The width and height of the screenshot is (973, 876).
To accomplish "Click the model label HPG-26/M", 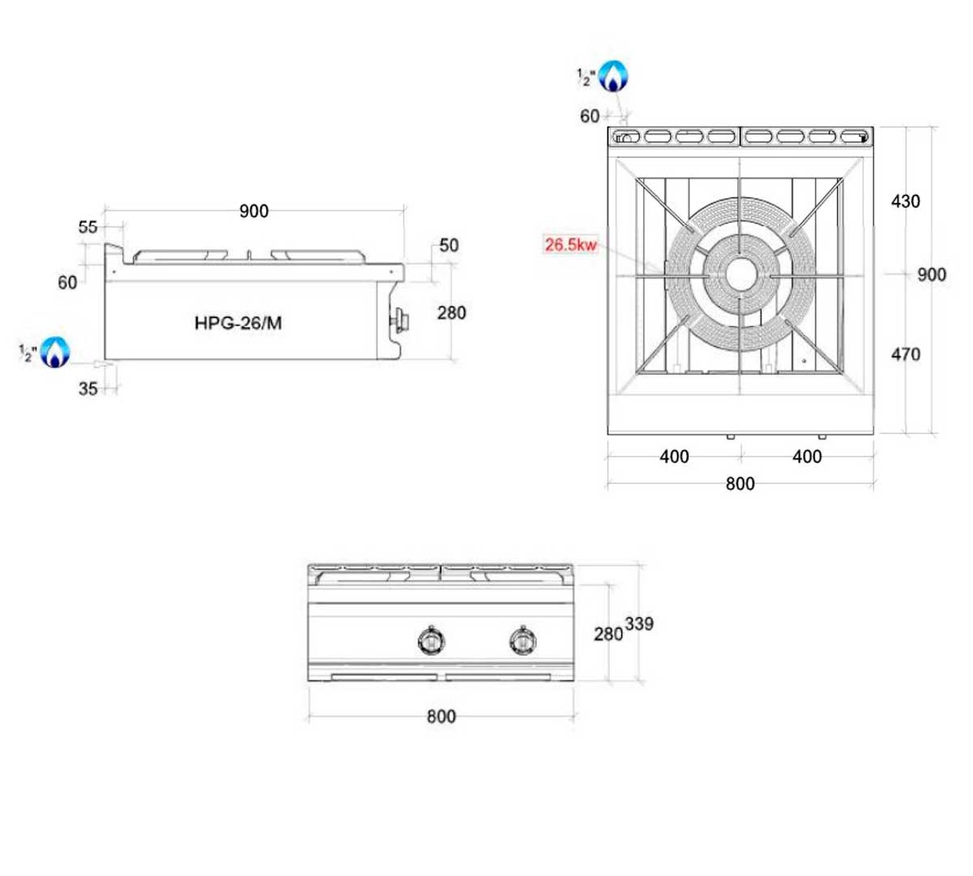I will (238, 323).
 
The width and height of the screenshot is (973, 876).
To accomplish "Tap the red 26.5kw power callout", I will (570, 244).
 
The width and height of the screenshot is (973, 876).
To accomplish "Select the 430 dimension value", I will (905, 201).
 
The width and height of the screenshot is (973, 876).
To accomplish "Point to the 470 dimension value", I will (905, 354).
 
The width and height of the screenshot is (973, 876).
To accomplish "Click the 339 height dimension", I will (639, 624).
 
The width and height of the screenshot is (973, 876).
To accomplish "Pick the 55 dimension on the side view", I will (88, 227).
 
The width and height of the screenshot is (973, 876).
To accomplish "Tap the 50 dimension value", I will (448, 245).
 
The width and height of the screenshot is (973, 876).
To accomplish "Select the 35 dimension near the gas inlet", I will (88, 389).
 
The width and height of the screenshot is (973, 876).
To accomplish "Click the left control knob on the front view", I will (431, 641).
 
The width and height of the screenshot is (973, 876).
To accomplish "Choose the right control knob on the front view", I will (522, 641).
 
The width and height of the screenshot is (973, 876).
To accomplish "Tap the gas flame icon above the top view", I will (613, 77).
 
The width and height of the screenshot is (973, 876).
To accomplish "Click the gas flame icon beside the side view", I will (55, 352).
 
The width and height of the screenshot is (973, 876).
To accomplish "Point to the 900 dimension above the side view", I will (254, 211).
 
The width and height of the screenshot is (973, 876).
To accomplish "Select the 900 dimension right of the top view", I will (931, 274).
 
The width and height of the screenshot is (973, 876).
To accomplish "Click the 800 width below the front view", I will (441, 716).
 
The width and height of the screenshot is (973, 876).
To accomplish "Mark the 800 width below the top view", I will (739, 483).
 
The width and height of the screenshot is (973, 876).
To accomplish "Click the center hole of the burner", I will (740, 274).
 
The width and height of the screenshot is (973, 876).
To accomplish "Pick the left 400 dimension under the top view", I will (674, 457).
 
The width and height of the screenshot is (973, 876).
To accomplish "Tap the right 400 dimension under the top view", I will (807, 457).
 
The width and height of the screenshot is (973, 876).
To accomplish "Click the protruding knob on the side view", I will (401, 321).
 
